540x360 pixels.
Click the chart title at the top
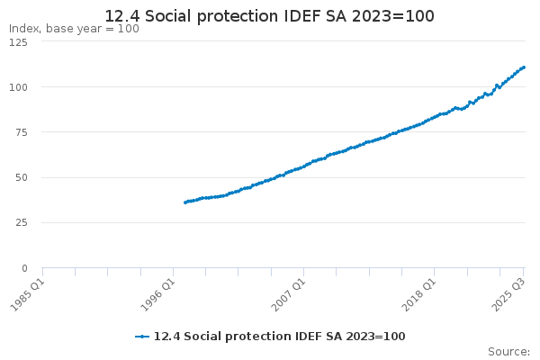tap(269, 16)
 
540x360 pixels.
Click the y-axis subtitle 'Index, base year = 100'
tap(74, 29)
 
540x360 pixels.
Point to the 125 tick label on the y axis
tap(18, 42)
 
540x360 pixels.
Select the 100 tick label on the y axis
tap(18, 87)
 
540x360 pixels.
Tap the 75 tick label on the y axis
tap(22, 132)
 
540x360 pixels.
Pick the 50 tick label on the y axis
tap(22, 178)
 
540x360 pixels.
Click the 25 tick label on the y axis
tap(22, 223)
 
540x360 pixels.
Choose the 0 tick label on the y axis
tap(24, 268)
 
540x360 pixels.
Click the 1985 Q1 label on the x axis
tap(28, 295)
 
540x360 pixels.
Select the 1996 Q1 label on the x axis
tap(158, 295)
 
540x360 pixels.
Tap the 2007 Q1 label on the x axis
tap(289, 295)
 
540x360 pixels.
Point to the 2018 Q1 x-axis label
tap(419, 295)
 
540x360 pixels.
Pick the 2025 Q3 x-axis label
tap(508, 295)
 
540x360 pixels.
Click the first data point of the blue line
tap(185, 202)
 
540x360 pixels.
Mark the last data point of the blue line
tap(524, 67)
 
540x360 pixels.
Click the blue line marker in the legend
tap(142, 337)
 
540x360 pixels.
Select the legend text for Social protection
tap(279, 337)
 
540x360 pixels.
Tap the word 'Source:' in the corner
tap(508, 352)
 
